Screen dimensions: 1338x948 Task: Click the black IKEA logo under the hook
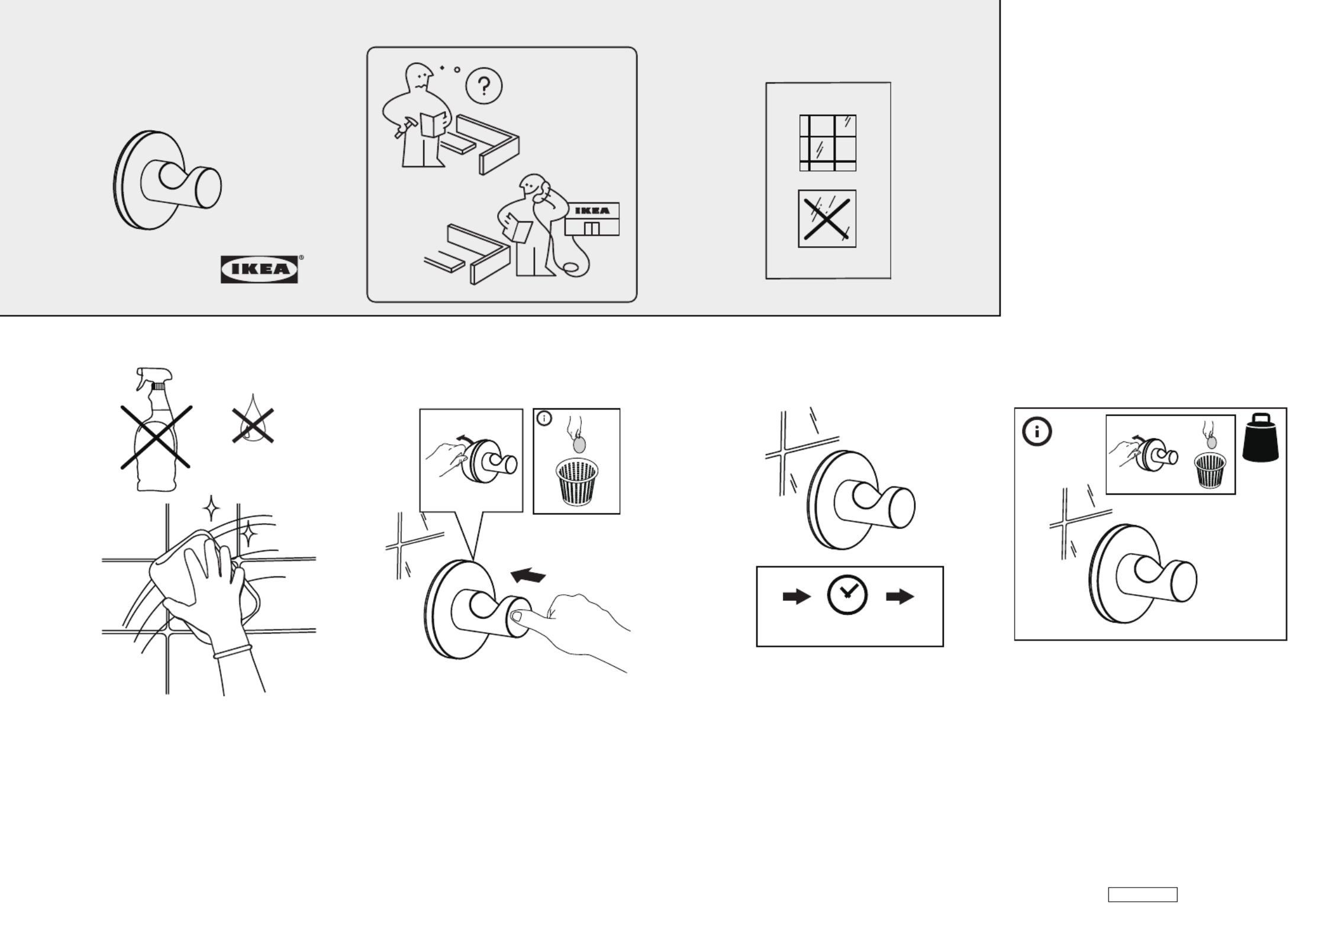[259, 269]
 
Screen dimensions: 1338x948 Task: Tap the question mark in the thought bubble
[484, 87]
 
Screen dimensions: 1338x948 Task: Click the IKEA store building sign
[592, 211]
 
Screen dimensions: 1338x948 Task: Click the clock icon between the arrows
[847, 596]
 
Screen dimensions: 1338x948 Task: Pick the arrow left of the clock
[797, 596]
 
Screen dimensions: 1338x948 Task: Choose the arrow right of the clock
[900, 596]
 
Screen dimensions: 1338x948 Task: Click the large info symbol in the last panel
[1037, 432]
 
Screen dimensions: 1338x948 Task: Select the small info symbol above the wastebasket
[544, 418]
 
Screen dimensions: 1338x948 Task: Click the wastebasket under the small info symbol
[577, 482]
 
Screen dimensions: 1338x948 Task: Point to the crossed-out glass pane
[827, 218]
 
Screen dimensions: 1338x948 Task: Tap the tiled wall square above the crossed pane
[827, 143]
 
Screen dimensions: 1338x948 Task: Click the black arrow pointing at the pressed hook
[528, 575]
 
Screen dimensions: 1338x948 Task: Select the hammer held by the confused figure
[405, 125]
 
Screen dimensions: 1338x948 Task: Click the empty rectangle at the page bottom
[1143, 894]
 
